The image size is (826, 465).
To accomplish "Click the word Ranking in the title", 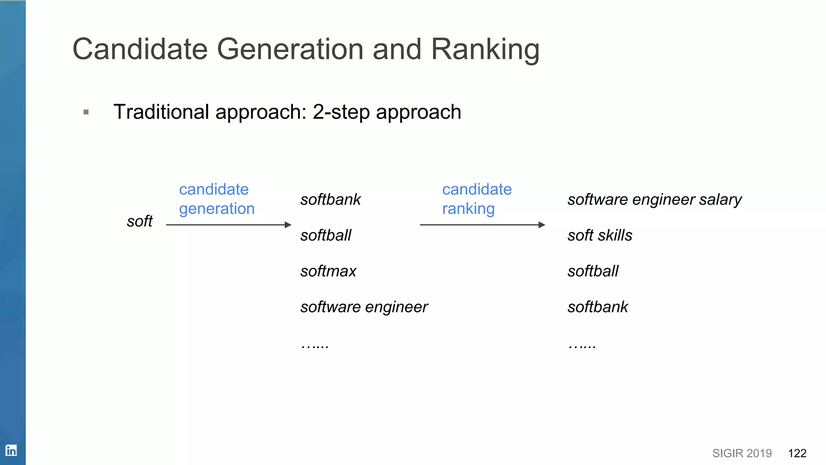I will point(485,49).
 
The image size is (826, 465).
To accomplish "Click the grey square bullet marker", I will point(86,112).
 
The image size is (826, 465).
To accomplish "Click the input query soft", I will point(140,221).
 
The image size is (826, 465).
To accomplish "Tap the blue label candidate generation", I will point(217,199).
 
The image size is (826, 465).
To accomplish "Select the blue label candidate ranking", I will point(476,199).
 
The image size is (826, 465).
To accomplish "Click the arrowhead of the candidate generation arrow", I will point(288,225).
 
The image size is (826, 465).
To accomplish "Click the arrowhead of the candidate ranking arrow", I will point(542,225).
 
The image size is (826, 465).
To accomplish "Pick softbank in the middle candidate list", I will point(330,199).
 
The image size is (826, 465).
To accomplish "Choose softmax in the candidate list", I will point(328,271).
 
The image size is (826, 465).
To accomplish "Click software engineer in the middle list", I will point(364,307).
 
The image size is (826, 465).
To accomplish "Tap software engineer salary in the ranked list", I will point(654,199).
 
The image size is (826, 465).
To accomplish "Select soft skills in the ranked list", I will point(600,235).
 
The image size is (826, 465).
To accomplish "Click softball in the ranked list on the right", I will point(593,271).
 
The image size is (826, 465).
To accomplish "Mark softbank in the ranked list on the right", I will point(598,307).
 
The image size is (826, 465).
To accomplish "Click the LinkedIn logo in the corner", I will point(11,450).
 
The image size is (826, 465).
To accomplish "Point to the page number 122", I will point(797,453).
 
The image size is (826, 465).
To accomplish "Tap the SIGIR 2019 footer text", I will point(742,453).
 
